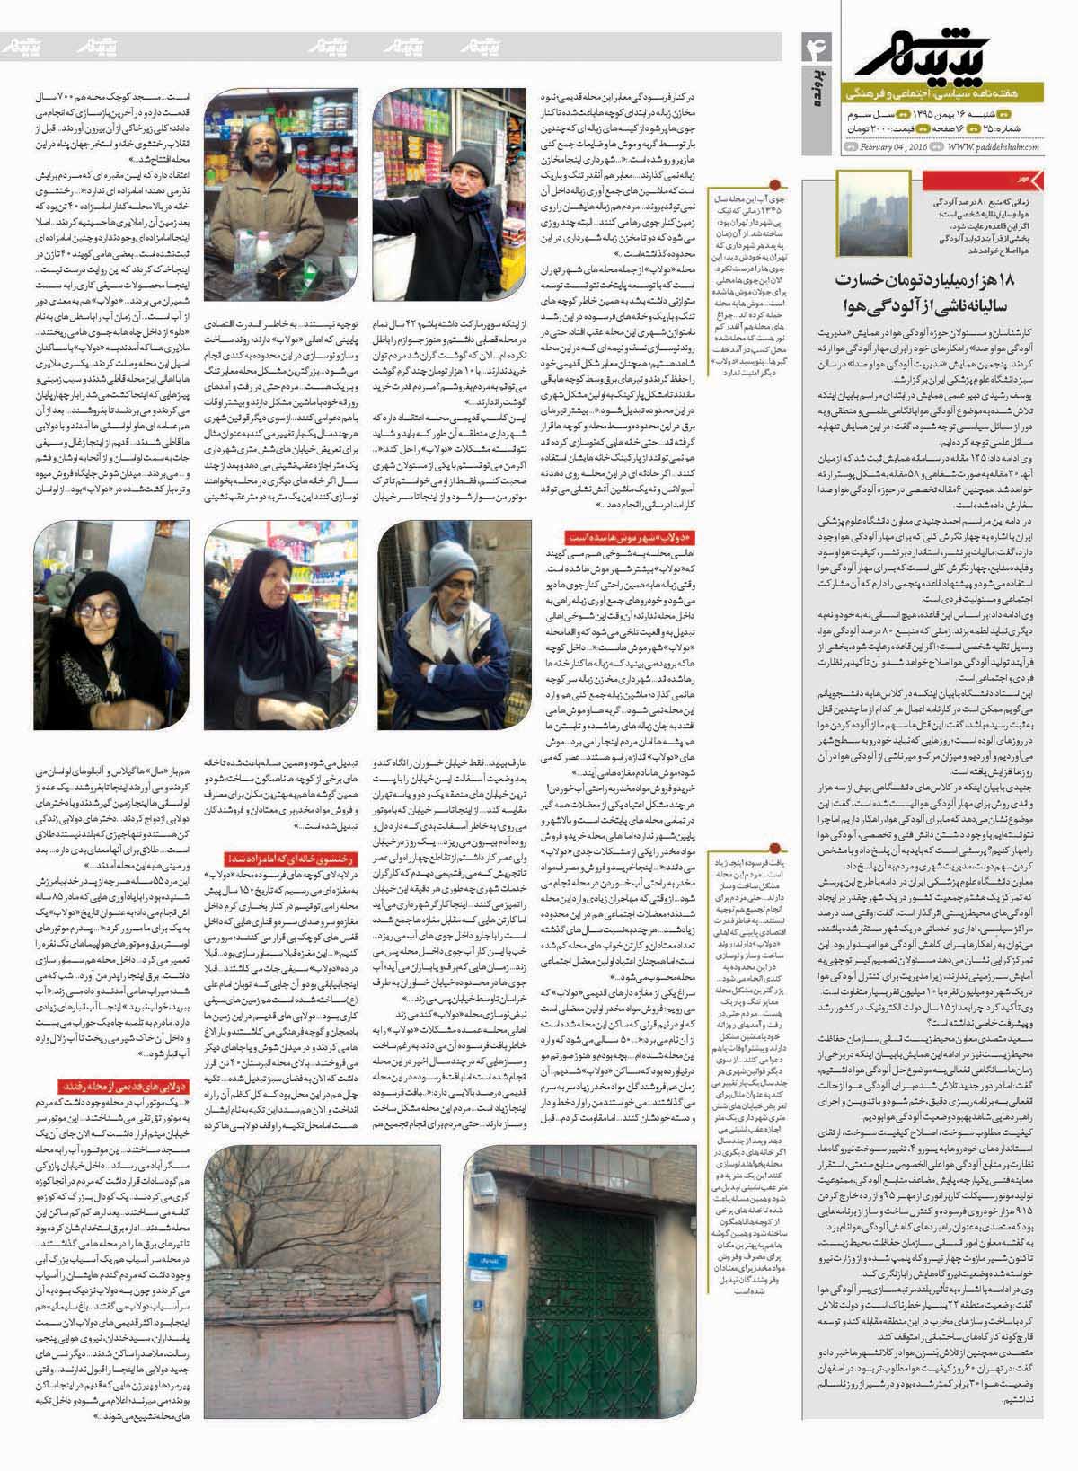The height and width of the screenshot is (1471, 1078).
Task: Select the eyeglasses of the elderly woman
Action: [100, 610]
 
